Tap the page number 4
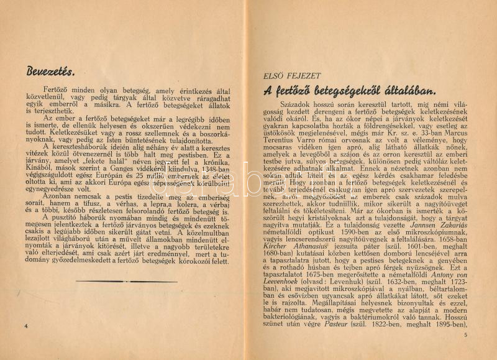(26, 326)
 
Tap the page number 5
(464, 336)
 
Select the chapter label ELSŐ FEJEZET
(288, 76)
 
